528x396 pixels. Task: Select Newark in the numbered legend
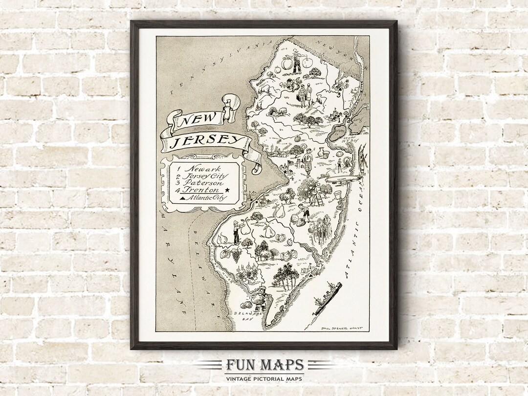click(x=193, y=169)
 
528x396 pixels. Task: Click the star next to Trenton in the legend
click(x=227, y=190)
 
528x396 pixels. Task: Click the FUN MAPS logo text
click(x=264, y=365)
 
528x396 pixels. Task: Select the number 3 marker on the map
click(x=338, y=94)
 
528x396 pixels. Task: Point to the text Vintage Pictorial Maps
click(x=264, y=378)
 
